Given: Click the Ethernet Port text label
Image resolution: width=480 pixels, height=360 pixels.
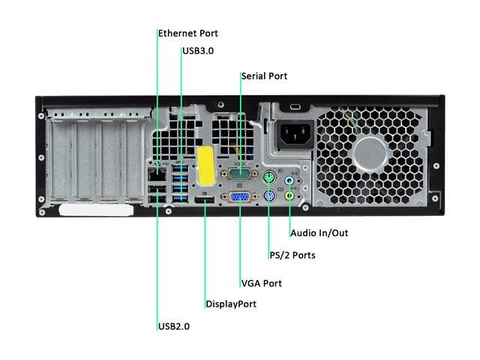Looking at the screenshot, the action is click(187, 34).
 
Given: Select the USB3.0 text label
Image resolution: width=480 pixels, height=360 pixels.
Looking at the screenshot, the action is click(198, 52).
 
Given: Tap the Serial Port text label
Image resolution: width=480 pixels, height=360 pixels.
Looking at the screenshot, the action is click(263, 76).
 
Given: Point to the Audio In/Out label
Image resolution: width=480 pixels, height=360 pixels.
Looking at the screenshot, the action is click(319, 233).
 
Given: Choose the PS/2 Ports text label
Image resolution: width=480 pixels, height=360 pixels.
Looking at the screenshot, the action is click(292, 256).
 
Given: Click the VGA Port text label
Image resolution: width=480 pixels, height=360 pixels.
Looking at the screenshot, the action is click(261, 283).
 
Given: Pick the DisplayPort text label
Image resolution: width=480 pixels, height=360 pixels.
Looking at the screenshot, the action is click(230, 304).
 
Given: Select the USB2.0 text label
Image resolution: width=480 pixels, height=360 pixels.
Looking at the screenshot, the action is click(173, 326).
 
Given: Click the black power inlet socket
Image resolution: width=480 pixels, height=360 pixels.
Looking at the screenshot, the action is click(294, 137).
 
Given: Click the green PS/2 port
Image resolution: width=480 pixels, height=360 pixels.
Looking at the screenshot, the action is click(268, 178).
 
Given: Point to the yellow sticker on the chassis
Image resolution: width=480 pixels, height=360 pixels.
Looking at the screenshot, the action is click(205, 161).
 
